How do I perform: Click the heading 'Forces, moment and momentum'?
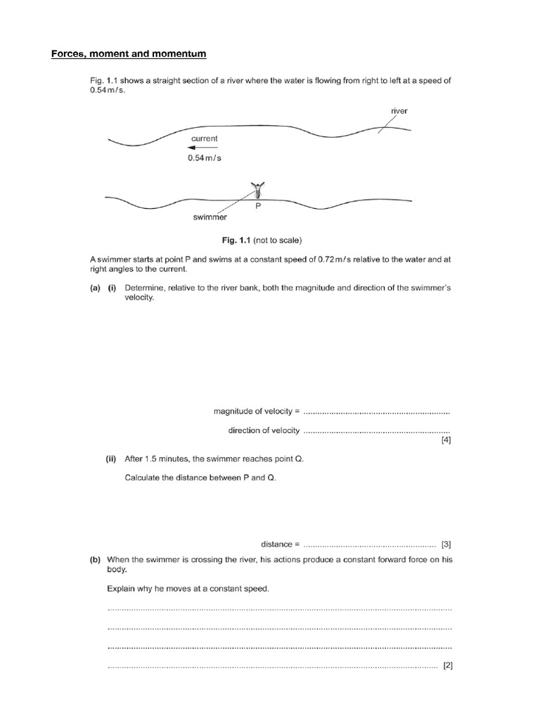(129, 54)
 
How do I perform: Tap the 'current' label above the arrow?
(204, 139)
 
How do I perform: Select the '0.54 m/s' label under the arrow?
(204, 158)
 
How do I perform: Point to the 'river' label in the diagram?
(399, 110)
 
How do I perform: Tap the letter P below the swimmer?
(258, 207)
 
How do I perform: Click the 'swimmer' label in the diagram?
(210, 217)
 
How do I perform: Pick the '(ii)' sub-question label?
(111, 459)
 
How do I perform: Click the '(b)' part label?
(95, 560)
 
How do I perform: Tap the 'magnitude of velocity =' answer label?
(257, 411)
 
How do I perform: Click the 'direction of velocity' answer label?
(264, 430)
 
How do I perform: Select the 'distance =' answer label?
(281, 544)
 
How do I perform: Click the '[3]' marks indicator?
(446, 544)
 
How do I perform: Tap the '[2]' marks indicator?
(447, 666)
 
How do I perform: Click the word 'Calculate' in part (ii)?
(142, 478)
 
